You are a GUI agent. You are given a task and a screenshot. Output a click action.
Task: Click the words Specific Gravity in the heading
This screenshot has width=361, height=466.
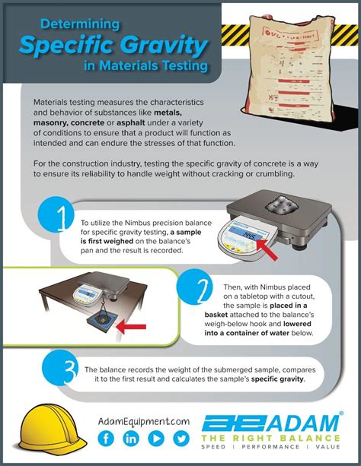pos(113,46)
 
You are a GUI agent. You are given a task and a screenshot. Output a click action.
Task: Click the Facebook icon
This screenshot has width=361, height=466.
pos(106,439)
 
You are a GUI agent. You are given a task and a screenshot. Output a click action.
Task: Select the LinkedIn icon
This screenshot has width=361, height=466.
pos(131,439)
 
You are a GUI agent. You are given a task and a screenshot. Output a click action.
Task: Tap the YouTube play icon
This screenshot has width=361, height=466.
pos(155,439)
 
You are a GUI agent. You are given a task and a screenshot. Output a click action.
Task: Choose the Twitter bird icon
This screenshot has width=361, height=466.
pos(180,439)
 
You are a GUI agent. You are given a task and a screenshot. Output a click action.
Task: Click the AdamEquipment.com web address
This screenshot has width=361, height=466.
pos(143,420)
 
